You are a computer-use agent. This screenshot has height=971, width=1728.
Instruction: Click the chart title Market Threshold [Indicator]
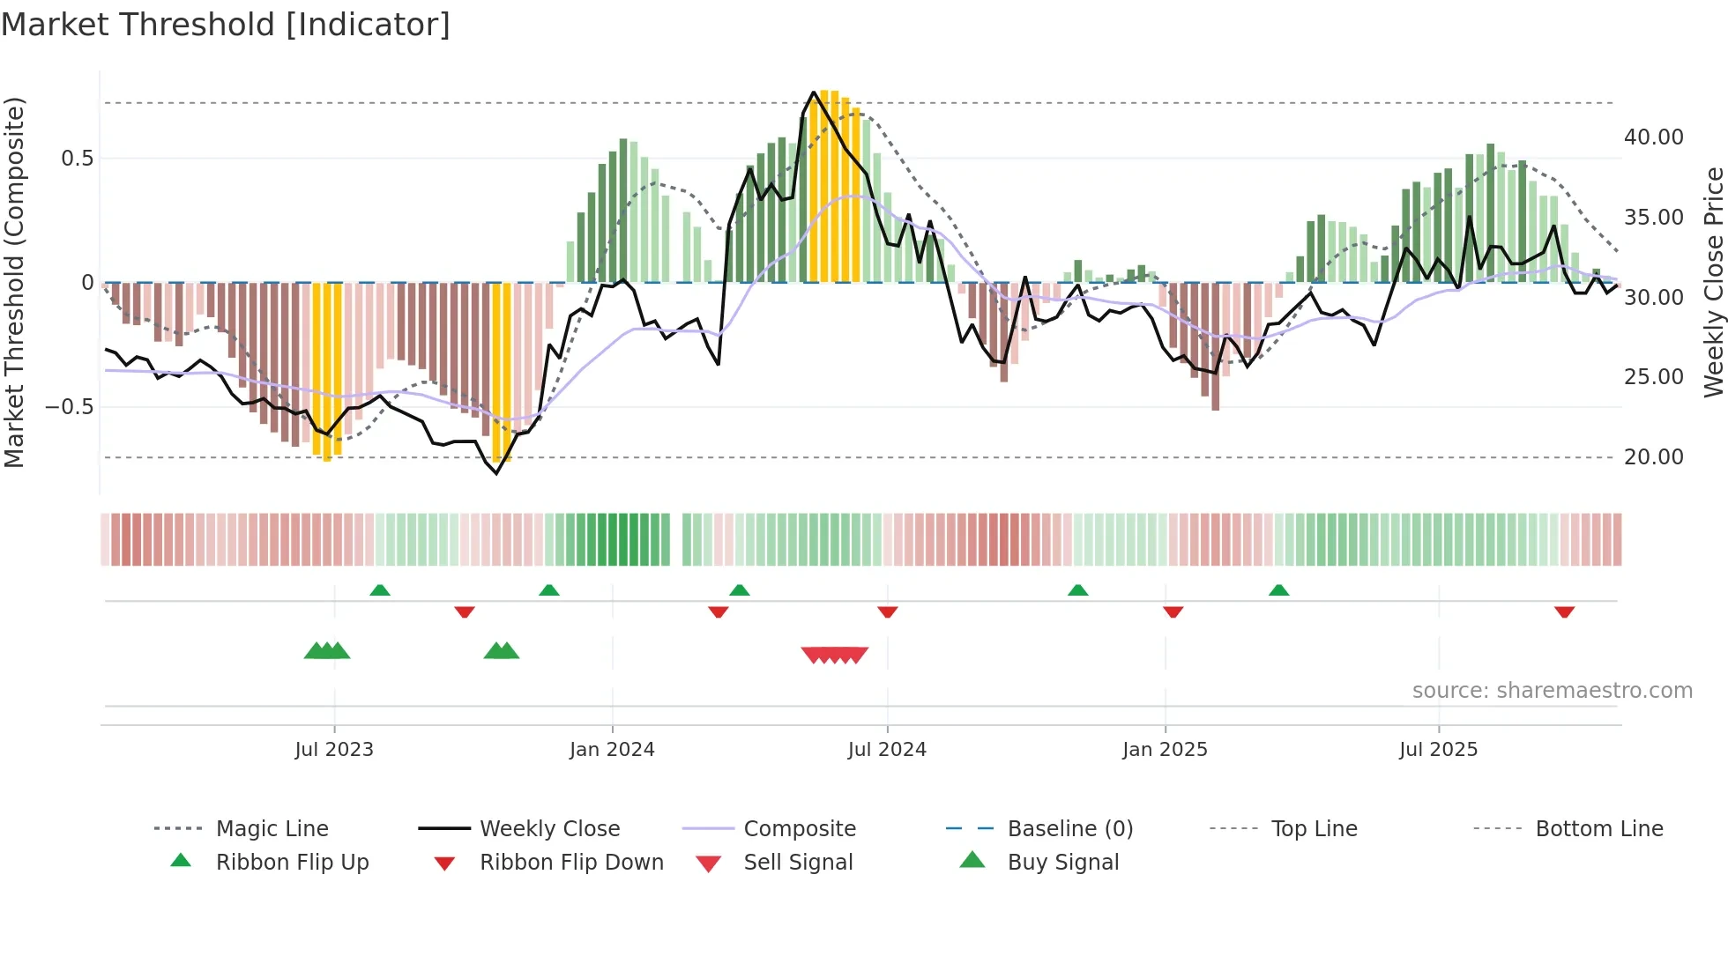coord(226,25)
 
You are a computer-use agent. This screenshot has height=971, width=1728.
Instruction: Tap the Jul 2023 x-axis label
coord(334,750)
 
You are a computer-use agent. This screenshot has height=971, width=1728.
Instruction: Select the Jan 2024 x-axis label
coord(612,750)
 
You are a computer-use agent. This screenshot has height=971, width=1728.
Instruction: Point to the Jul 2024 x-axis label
coord(887,750)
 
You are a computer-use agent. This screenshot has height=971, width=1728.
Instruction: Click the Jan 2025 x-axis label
coord(1165,750)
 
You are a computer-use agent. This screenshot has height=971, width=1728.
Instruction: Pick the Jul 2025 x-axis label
coord(1438,750)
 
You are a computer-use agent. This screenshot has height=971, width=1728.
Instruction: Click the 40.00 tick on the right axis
coord(1653,137)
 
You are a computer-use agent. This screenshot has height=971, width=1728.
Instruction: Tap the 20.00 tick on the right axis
coord(1653,457)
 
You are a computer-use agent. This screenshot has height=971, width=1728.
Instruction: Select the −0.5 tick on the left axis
coord(69,407)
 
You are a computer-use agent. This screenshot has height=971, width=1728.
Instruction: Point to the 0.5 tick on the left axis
coord(77,159)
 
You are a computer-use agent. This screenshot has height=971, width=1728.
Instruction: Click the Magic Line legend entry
coord(272,829)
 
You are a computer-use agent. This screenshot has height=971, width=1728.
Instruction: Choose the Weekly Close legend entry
coord(549,829)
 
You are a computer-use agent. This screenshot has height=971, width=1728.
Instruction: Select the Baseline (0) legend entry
coord(1069,829)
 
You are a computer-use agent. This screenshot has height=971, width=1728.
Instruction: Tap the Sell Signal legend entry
coord(798,863)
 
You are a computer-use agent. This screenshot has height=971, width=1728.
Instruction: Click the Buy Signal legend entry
coord(1062,863)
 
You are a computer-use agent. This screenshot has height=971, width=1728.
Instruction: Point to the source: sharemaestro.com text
coord(1552,691)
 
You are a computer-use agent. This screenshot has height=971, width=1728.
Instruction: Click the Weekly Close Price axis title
coord(1713,282)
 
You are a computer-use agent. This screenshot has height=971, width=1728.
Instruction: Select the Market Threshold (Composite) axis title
coord(14,282)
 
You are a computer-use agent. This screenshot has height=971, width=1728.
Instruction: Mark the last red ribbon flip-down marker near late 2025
coord(1564,612)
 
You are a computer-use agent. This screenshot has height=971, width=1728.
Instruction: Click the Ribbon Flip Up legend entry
coord(292,863)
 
